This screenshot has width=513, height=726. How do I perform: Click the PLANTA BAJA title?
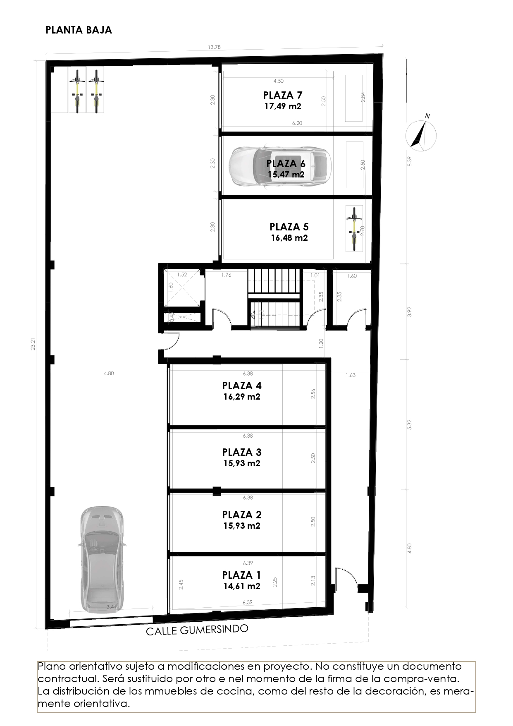tap(79, 30)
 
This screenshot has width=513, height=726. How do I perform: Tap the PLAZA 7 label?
tap(283, 96)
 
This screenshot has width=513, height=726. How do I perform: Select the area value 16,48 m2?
tap(289, 238)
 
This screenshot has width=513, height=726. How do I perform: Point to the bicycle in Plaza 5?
tap(353, 229)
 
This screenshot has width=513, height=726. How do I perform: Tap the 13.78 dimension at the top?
tap(214, 47)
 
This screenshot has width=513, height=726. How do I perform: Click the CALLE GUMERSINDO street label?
tap(198, 630)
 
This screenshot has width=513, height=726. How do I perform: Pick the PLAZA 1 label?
tap(242, 575)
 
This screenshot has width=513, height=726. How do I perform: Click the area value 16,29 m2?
tap(242, 397)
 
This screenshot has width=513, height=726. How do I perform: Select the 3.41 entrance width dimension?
tap(111, 607)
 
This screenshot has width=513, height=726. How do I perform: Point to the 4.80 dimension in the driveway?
tap(109, 373)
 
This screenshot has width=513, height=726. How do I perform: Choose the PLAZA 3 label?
tap(242, 452)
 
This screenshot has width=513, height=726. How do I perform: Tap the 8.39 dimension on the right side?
tap(409, 161)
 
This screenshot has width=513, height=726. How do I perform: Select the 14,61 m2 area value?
tap(242, 586)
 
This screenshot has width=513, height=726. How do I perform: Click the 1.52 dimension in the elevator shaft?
tap(182, 275)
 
